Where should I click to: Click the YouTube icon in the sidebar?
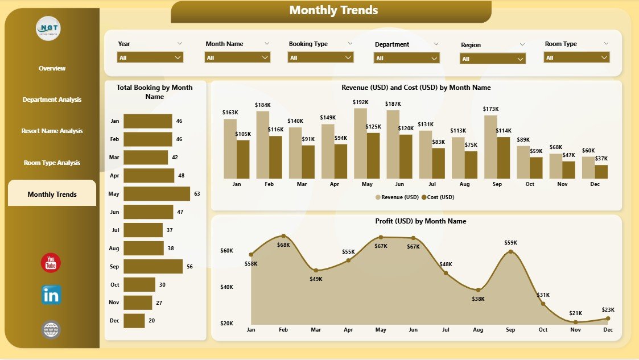51,263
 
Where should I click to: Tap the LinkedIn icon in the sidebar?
51,295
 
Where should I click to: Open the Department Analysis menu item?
52,100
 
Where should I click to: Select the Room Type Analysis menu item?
52,163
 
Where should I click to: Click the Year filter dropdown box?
150,57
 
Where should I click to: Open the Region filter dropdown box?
492,59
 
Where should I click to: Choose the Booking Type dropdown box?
321,57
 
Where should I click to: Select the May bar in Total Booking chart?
156,194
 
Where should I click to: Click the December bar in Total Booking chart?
134,321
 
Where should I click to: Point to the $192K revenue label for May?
361,102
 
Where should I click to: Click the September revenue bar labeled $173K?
491,147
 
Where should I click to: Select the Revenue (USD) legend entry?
397,197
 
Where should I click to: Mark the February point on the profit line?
283,236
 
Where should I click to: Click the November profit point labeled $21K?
576,321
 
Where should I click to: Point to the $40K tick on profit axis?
226,287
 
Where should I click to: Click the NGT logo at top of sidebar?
48,28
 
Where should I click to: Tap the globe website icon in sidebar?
51,330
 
